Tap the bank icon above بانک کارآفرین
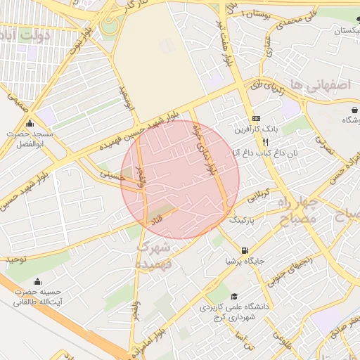(x=256, y=118)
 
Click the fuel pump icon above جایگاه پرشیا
(x=244, y=250)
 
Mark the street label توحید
(x=18, y=259)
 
